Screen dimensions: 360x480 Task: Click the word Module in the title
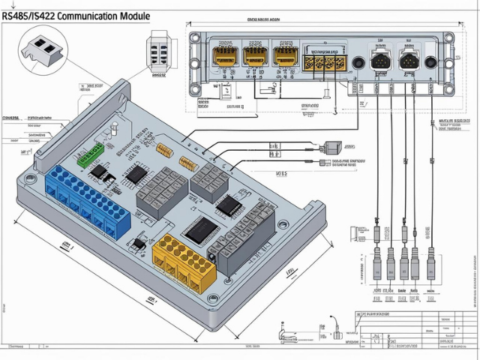tap(136, 15)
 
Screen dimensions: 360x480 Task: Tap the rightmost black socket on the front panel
tap(408, 61)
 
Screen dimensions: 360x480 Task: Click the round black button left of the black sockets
tap(359, 63)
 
